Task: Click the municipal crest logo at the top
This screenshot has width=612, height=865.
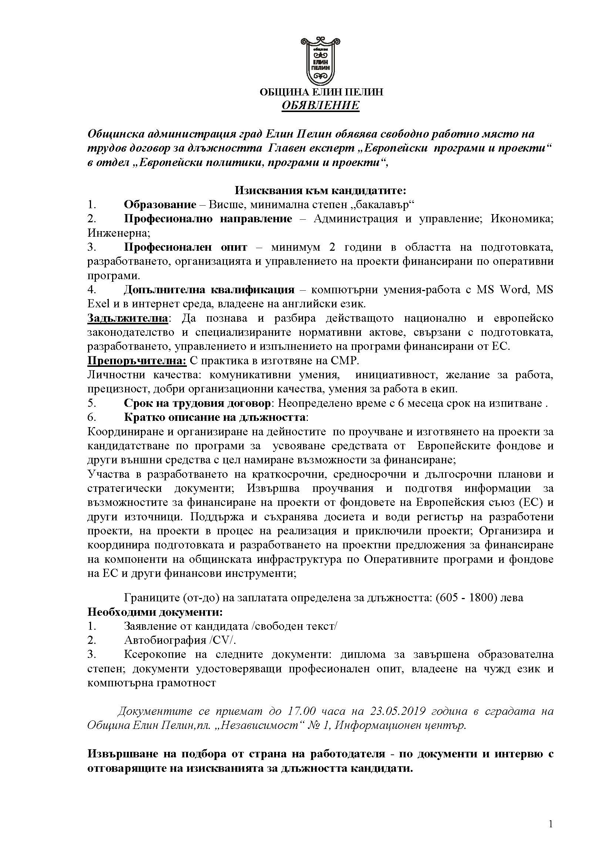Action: point(321,61)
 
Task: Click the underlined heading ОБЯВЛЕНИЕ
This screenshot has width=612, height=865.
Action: point(321,105)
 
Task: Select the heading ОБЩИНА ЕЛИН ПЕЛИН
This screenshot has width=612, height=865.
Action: point(321,92)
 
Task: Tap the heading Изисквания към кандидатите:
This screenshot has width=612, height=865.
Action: point(320,190)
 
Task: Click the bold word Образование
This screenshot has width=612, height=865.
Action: point(160,205)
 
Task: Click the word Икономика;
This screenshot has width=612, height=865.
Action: point(522,219)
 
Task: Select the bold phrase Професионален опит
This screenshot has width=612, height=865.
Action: point(185,247)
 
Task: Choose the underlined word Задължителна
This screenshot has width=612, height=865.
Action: point(128,318)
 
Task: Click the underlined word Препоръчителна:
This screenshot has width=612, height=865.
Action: point(137,361)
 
